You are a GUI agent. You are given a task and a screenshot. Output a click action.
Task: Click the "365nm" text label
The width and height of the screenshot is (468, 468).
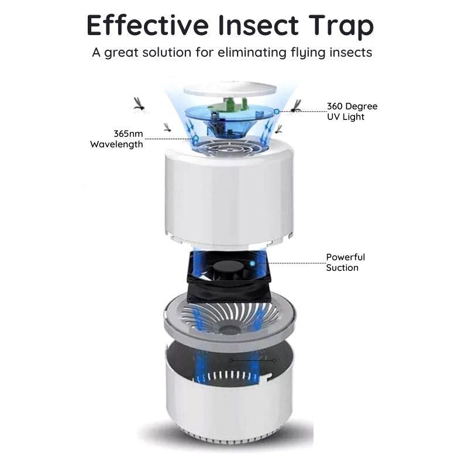[128, 133]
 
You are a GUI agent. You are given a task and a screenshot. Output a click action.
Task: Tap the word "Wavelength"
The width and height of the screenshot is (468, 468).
[116, 144]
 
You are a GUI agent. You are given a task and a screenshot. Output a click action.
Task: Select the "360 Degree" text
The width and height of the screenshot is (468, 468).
[352, 106]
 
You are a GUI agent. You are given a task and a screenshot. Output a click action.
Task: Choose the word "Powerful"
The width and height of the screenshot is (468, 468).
[345, 257]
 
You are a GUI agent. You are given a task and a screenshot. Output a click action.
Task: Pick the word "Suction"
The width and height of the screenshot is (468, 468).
[342, 267]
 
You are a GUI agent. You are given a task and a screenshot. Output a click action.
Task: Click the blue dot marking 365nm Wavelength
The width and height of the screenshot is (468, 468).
[195, 139]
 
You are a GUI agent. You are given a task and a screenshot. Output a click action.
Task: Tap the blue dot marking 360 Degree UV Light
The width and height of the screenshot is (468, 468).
[277, 111]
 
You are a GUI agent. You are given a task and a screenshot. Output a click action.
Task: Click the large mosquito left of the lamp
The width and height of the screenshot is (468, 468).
[139, 104]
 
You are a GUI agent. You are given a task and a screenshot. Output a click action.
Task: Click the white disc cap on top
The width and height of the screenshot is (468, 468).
[229, 90]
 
